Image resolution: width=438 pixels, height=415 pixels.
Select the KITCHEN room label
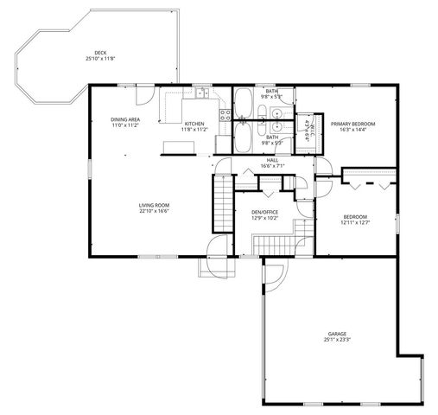pos(194,124)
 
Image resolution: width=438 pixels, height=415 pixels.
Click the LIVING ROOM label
pos(154,205)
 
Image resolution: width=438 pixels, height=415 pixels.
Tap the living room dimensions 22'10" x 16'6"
pos(154,210)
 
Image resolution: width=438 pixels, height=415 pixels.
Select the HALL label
pos(272,160)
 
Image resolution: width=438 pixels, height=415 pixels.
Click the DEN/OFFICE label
pos(263,213)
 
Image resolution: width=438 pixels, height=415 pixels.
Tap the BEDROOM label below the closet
pos(354,217)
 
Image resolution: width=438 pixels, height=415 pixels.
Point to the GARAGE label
pos(336,334)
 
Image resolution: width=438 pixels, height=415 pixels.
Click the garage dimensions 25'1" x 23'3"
pos(336,340)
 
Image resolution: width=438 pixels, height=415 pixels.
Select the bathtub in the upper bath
pos(244,103)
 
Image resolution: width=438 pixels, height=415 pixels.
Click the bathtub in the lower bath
pos(245,137)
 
